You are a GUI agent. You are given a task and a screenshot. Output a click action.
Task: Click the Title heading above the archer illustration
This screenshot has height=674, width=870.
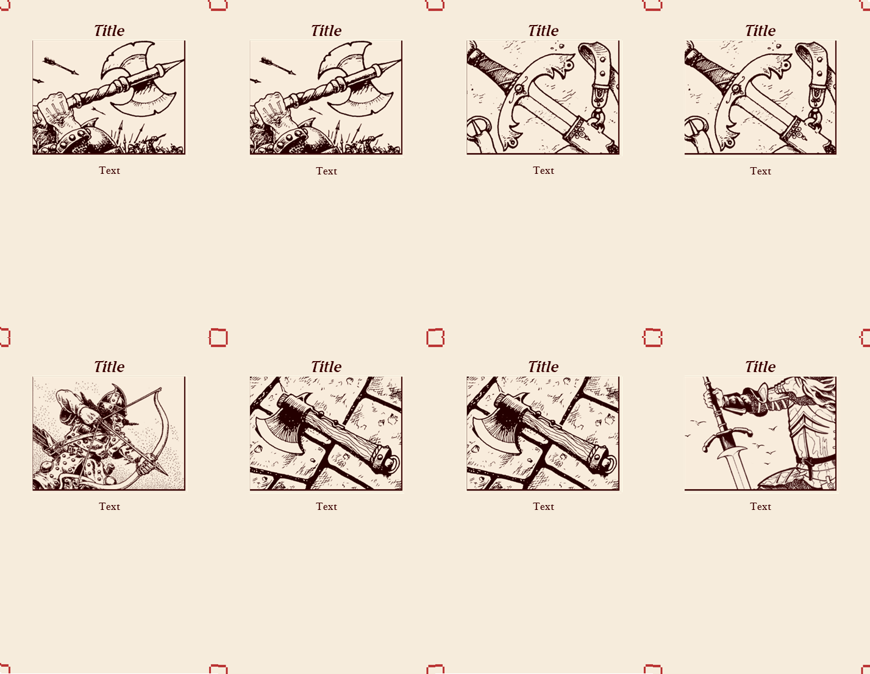(109, 367)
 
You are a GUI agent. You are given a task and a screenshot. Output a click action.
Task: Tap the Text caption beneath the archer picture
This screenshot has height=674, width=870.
(109, 506)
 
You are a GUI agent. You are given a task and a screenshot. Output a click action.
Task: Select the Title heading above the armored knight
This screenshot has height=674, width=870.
(760, 367)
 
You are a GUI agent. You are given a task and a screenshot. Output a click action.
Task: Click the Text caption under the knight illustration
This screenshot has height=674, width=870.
(760, 506)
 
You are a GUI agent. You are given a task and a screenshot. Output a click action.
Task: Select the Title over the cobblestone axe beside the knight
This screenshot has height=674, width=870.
(543, 367)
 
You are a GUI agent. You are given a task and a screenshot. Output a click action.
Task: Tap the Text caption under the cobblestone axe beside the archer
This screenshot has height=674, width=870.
(326, 506)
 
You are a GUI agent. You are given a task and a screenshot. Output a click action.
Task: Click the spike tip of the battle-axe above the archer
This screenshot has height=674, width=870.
(180, 62)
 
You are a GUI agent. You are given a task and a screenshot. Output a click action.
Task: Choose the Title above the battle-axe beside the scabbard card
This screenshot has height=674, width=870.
(326, 30)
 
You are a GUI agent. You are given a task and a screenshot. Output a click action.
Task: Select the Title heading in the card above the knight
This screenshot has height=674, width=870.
(760, 30)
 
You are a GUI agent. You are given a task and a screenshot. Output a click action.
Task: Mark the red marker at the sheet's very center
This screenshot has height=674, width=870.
(435, 337)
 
